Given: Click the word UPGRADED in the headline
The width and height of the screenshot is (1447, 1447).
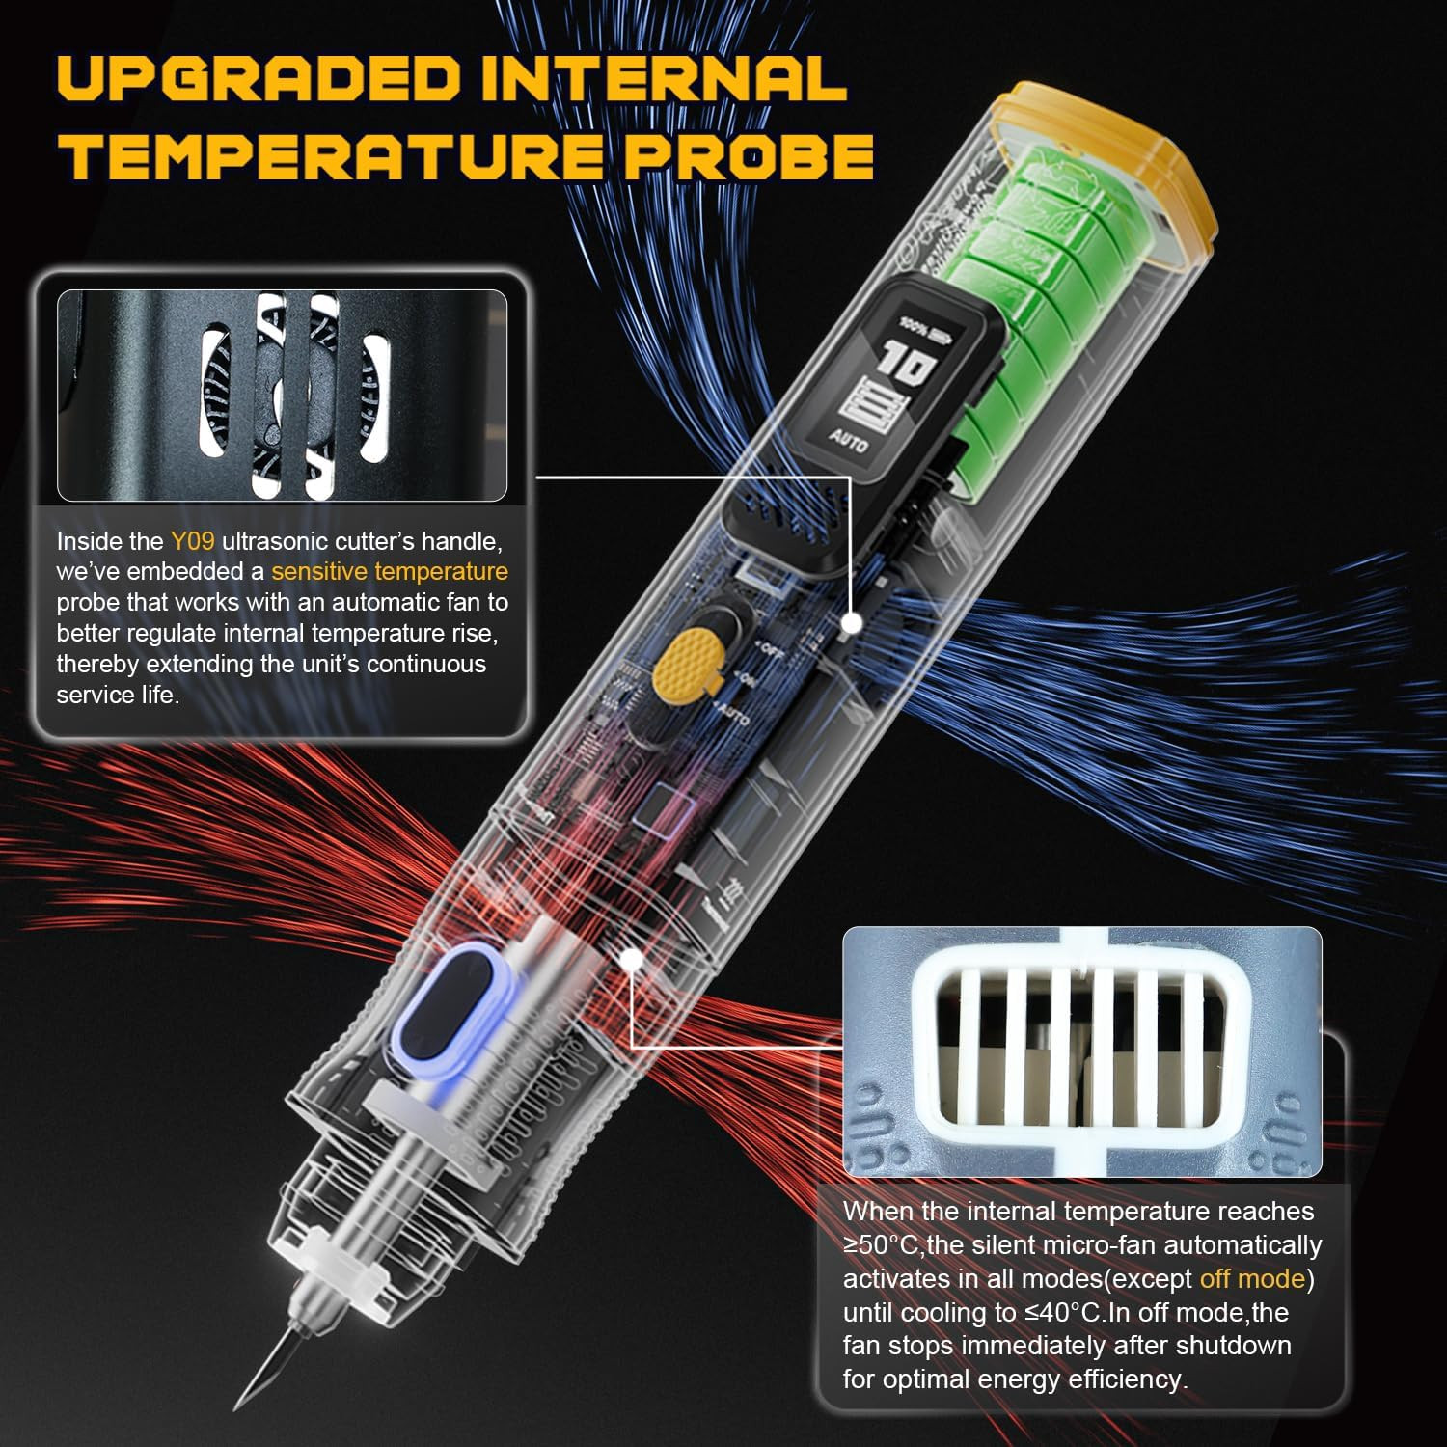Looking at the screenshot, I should coord(259,79).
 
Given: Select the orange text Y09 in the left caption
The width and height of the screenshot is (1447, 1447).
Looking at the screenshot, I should coord(192,541).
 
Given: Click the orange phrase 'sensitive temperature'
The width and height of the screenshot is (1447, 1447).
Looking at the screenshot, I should coord(389,572).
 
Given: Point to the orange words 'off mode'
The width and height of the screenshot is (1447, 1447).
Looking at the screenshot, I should coord(1251,1279).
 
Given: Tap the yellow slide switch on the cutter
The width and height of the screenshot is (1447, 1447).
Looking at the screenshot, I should coord(688,662).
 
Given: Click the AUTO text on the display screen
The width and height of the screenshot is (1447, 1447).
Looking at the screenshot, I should coord(848,441).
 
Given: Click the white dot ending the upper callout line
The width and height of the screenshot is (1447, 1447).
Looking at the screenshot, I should coord(851,623).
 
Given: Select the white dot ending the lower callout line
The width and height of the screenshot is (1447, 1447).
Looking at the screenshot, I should coord(632,960).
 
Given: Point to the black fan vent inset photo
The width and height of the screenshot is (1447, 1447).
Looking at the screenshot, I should coord(282,396).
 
